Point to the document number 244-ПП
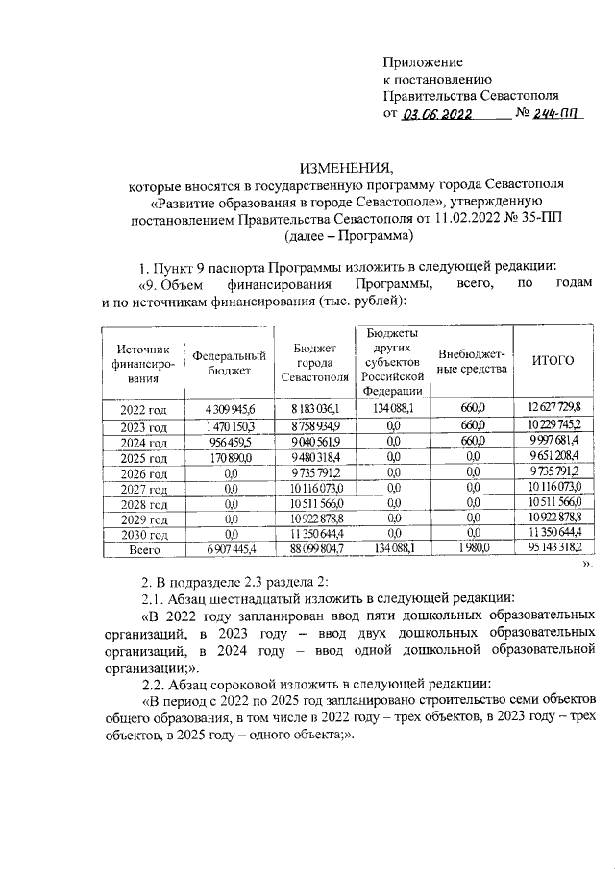(x=559, y=113)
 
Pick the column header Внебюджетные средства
(x=472, y=362)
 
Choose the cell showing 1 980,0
(x=472, y=551)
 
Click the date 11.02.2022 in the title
(x=453, y=218)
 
